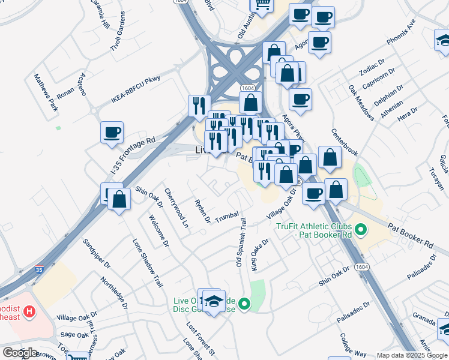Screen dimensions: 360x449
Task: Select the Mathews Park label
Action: (x=45, y=94)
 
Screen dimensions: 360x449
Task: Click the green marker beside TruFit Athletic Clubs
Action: (x=361, y=229)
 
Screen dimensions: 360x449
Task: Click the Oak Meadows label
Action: (x=361, y=102)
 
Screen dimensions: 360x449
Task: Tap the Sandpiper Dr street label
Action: (x=97, y=256)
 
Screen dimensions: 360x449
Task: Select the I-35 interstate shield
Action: (x=39, y=271)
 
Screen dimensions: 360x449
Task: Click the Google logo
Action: (x=20, y=353)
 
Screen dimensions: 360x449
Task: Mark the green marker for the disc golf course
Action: (x=244, y=304)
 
